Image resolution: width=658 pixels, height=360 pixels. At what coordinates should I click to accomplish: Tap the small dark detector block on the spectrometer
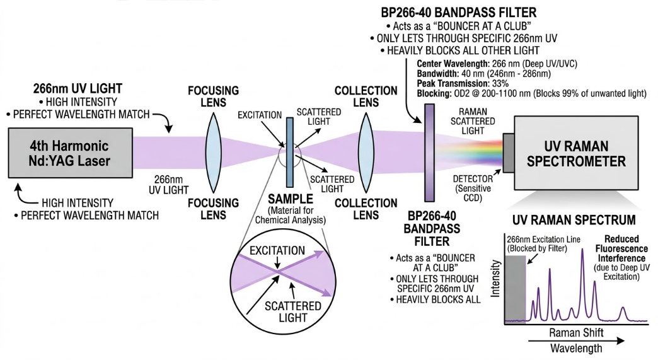pyautogui.click(x=507, y=153)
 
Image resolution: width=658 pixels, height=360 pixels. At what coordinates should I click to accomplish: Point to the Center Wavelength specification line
pyautogui.click(x=498, y=64)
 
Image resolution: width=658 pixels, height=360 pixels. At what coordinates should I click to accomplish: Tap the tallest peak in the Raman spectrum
pyautogui.click(x=582, y=277)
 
